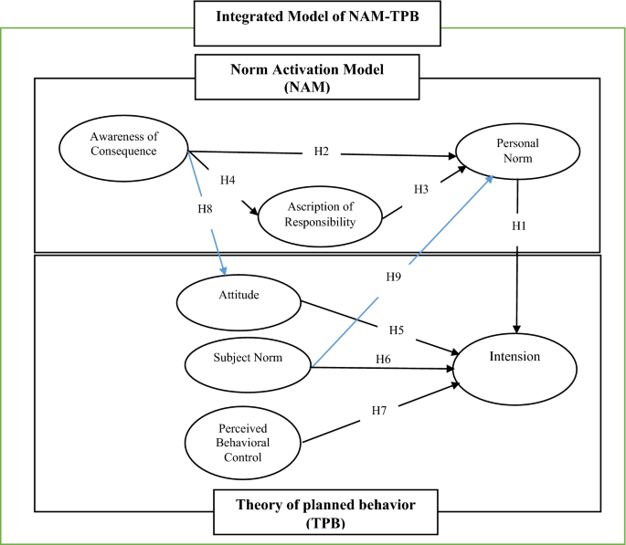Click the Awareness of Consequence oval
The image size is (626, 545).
click(x=122, y=145)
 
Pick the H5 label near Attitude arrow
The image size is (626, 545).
click(x=396, y=330)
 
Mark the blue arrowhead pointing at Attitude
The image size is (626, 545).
click(x=222, y=269)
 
